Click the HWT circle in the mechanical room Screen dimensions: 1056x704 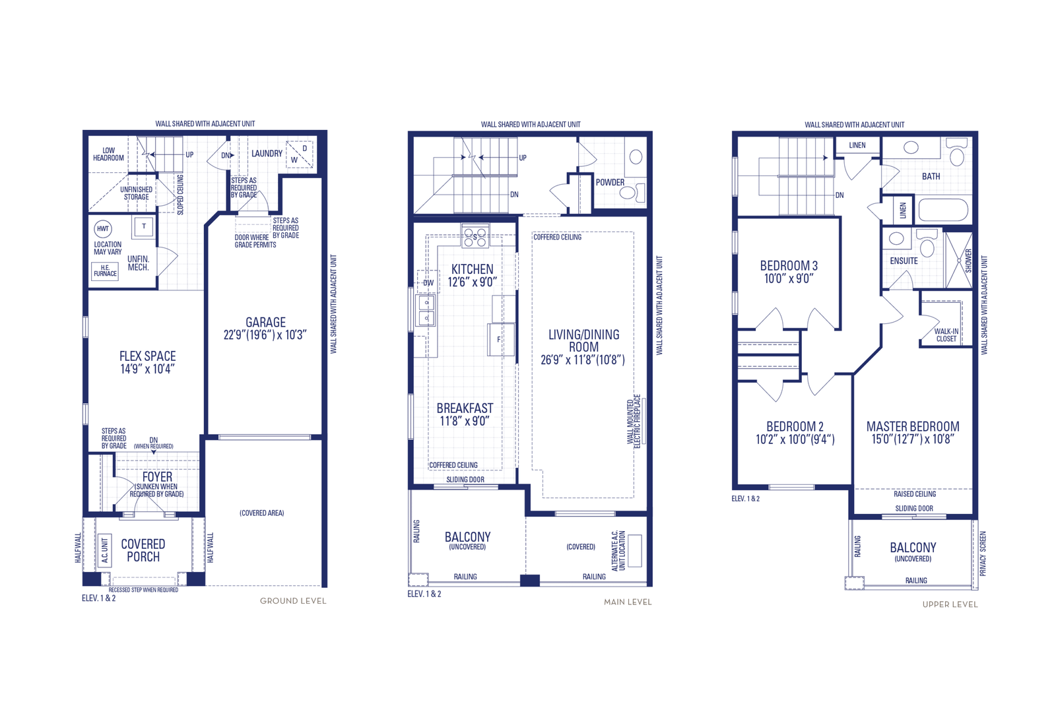point(103,229)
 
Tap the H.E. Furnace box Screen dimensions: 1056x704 point(105,271)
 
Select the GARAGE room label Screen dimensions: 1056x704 point(265,323)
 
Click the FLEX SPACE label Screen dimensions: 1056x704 point(148,356)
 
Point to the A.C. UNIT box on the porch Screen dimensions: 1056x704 point(105,550)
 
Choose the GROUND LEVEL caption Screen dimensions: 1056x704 point(293,601)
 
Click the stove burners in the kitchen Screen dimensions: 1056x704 point(475,236)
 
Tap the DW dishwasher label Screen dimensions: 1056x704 point(428,283)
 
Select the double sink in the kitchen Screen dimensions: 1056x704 point(426,310)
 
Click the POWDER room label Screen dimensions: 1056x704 point(610,182)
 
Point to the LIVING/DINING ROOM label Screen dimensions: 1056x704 point(583,340)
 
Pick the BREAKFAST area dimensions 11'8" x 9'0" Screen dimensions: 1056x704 point(465,421)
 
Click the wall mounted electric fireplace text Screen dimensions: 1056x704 point(634,421)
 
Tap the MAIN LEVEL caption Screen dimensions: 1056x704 point(628,602)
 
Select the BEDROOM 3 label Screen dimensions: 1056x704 point(789,266)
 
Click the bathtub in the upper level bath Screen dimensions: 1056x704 point(943,210)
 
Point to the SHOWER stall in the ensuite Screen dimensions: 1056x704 point(959,260)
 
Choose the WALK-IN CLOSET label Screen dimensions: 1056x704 point(946,335)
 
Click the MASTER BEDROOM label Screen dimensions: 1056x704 point(913,426)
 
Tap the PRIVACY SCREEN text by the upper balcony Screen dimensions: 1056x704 point(983,554)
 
